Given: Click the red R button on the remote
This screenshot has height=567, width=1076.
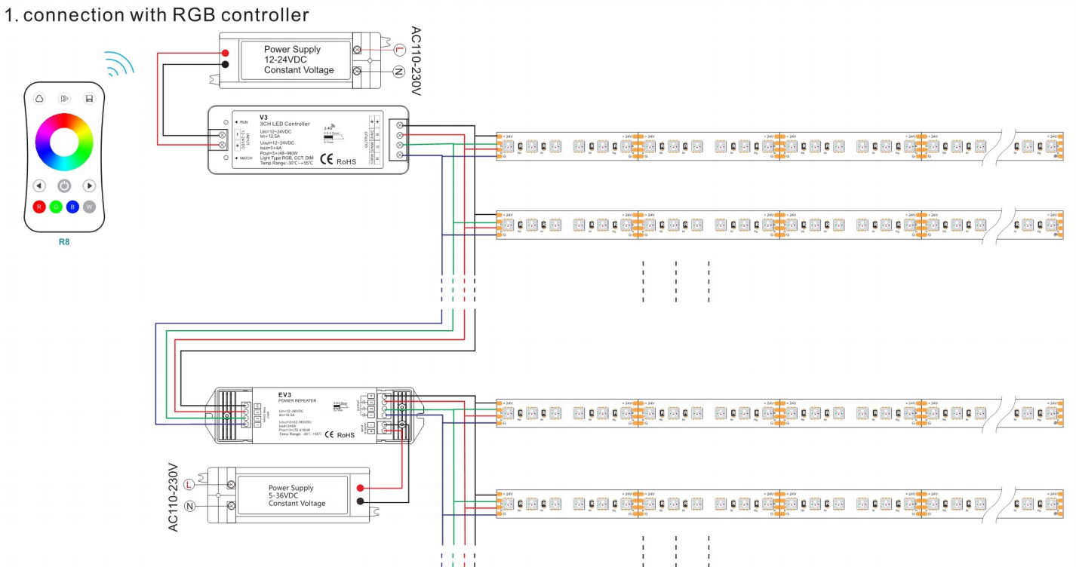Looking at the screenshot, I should (x=39, y=207).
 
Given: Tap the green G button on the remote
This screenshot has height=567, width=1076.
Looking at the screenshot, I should (x=56, y=207).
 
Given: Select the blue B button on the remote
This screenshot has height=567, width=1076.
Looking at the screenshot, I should (x=72, y=207).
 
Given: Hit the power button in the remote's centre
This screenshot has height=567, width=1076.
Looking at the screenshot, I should (x=64, y=185).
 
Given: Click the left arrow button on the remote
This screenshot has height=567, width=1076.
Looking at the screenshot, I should (x=39, y=185).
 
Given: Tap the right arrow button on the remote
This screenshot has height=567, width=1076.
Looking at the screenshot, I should (x=89, y=185).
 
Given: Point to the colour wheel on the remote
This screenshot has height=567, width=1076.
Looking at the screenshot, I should (x=64, y=142).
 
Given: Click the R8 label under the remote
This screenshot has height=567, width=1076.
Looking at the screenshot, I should (x=64, y=243).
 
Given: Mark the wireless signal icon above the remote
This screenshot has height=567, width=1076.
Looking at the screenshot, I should (x=118, y=65).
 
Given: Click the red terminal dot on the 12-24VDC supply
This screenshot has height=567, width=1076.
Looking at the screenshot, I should (x=226, y=52).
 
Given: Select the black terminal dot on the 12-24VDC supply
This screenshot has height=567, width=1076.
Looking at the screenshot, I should (x=226, y=64).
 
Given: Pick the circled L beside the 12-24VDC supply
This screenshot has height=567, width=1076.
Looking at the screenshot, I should (x=400, y=51).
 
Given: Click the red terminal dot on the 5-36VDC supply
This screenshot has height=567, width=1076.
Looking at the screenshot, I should (x=361, y=489).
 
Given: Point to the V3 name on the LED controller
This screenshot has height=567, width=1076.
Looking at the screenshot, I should (x=264, y=117).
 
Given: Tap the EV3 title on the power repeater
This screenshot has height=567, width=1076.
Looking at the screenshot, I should (x=285, y=394).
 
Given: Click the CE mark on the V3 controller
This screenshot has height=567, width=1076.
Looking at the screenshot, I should (x=327, y=159).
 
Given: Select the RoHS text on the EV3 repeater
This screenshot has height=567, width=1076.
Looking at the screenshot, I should (x=346, y=435).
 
